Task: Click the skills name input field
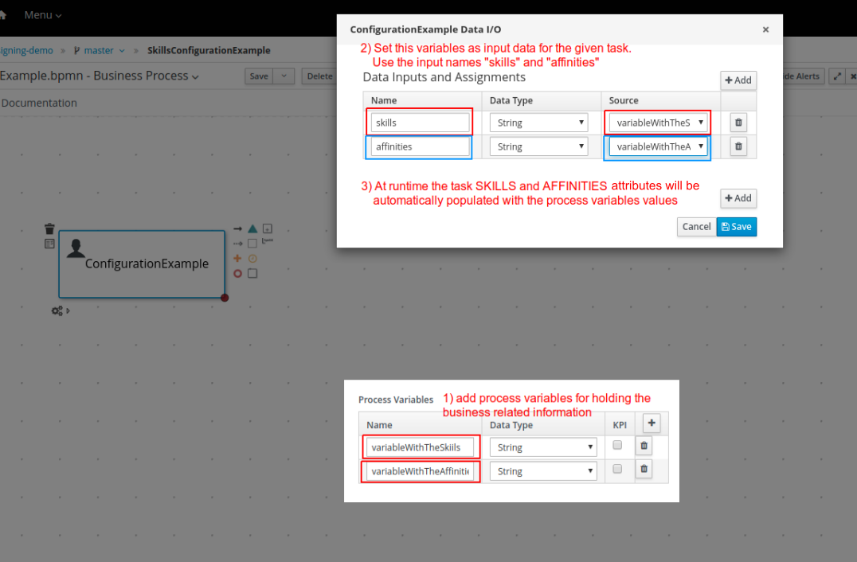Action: click(420, 123)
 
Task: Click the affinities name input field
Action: click(420, 146)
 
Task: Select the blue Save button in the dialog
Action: click(737, 227)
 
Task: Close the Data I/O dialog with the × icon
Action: click(765, 29)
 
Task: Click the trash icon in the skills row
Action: click(738, 123)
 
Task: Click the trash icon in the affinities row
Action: click(738, 146)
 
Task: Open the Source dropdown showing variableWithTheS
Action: click(658, 123)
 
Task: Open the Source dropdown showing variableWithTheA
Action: click(658, 146)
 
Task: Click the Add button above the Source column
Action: click(738, 80)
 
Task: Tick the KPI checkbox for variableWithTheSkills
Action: click(617, 446)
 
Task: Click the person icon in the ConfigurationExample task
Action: click(76, 248)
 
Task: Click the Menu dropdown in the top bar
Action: click(42, 15)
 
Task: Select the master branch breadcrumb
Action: click(99, 50)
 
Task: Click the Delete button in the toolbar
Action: click(319, 76)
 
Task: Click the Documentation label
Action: click(39, 103)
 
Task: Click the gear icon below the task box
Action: click(57, 310)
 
